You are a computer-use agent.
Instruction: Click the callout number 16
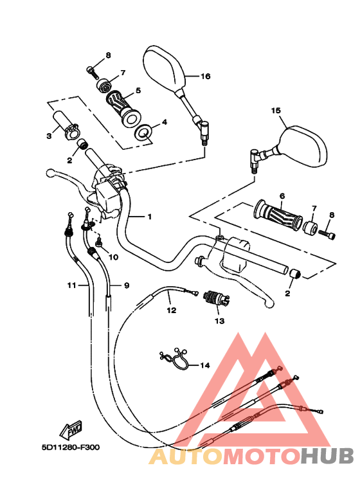coord(205,76)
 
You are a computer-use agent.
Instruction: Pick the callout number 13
coord(219,320)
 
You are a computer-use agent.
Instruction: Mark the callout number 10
coord(113,257)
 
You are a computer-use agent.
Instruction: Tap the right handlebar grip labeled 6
coord(278,215)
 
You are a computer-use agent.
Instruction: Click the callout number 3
coord(49,136)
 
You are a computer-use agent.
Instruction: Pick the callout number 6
coord(282,195)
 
